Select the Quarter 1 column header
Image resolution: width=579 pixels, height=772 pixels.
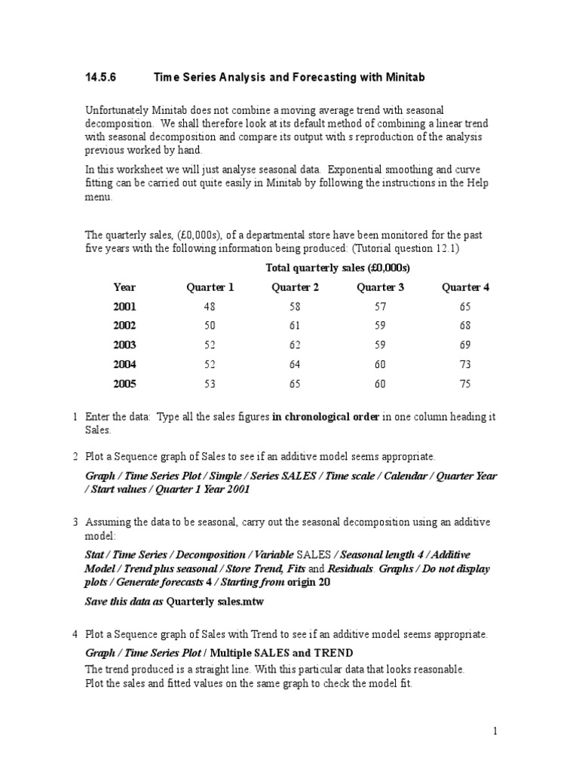(x=210, y=287)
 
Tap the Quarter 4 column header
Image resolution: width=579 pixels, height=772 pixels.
(x=465, y=287)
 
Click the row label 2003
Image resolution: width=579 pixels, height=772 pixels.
(x=124, y=345)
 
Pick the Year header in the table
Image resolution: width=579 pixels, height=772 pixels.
(x=124, y=287)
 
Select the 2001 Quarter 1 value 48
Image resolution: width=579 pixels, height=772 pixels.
(x=210, y=307)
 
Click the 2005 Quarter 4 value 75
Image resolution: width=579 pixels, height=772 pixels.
(x=464, y=384)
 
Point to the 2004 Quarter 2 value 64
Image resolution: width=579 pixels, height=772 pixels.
(x=295, y=365)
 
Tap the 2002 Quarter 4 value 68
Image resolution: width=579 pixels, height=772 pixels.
(x=464, y=326)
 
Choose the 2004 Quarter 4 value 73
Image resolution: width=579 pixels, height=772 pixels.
(x=464, y=365)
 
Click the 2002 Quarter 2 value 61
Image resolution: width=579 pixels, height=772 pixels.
(x=295, y=326)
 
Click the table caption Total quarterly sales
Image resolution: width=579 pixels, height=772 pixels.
(x=338, y=268)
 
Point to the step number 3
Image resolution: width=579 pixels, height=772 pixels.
(x=75, y=522)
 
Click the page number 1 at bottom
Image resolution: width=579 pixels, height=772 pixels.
(x=495, y=731)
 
